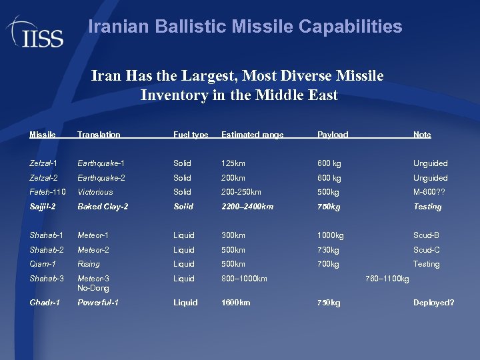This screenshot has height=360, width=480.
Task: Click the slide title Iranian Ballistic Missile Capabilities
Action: [245, 27]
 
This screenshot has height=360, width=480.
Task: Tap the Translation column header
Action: [99, 135]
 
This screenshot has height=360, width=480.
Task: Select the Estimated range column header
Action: [252, 135]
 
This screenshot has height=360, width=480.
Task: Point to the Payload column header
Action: [333, 135]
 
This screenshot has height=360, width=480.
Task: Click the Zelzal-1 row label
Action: [43, 163]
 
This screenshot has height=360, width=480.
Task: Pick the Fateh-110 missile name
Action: [46, 192]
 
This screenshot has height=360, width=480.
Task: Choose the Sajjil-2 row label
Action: [45, 207]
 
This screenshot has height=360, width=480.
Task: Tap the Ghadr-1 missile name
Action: [45, 303]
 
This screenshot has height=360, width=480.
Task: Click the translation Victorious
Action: [95, 192]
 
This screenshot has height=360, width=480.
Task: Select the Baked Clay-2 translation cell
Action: [103, 207]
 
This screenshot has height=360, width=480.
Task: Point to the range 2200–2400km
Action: [247, 207]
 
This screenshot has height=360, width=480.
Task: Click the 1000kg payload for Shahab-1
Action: [331, 235]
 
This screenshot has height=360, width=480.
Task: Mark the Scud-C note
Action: [427, 250]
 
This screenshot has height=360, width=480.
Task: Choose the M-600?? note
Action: [429, 192]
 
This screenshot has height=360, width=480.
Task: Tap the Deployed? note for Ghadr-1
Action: [433, 303]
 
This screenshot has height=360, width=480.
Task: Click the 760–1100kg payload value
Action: [387, 278]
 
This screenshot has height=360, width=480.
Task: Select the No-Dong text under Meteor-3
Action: [93, 288]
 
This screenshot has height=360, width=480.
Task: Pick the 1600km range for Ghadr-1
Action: [236, 303]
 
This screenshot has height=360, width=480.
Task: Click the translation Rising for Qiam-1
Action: [89, 264]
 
